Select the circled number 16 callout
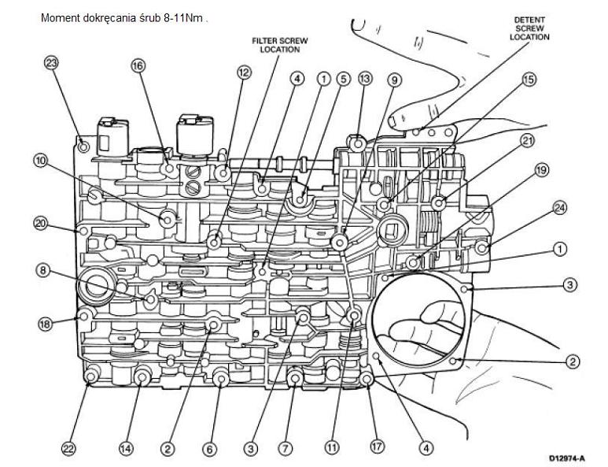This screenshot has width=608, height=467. (x=138, y=67)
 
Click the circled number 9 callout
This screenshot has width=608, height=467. (x=394, y=80)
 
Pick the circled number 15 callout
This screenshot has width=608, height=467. (x=529, y=80)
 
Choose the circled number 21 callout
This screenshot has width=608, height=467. (x=527, y=141)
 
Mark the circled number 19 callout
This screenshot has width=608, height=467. (x=540, y=169)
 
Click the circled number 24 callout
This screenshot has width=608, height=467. (x=560, y=208)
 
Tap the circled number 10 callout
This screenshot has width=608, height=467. (x=41, y=161)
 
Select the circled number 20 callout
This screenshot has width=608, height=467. (x=41, y=224)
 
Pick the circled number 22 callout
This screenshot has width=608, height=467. (x=68, y=448)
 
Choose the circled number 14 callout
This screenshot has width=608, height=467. (x=125, y=448)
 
